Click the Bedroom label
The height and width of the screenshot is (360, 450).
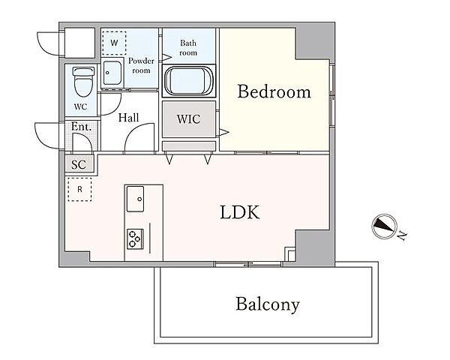(274, 91)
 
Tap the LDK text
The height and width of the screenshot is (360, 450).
(240, 212)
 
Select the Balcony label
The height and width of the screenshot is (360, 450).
(268, 304)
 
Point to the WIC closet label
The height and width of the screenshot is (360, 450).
(188, 118)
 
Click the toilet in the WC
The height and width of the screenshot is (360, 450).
(83, 82)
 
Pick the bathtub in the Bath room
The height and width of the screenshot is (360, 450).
(188, 81)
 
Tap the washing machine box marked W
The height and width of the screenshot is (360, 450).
(114, 43)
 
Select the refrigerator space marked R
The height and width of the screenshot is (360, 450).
(79, 190)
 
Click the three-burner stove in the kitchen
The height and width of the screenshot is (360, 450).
(135, 238)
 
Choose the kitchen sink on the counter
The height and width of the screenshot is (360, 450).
(135, 199)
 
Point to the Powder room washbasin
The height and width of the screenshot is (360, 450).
(112, 73)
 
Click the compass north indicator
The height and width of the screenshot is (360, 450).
(384, 226)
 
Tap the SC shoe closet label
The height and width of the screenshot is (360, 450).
(79, 164)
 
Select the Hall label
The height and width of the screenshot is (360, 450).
(128, 118)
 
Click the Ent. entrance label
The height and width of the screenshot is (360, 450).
(81, 126)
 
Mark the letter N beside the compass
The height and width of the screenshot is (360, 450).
(403, 235)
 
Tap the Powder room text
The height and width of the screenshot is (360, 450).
(141, 66)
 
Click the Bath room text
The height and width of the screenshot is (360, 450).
(188, 48)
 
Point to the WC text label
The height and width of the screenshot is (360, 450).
(81, 106)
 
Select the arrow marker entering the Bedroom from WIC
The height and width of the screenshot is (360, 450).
(224, 132)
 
